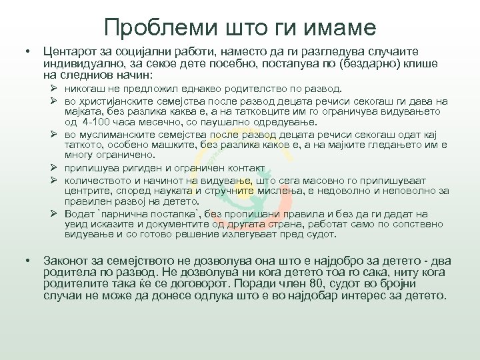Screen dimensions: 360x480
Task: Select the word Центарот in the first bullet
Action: coord(69,51)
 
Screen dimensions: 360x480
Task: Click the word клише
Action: coord(421,63)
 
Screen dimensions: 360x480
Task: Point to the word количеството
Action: coord(97,179)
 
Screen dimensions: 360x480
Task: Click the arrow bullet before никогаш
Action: coord(57,89)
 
